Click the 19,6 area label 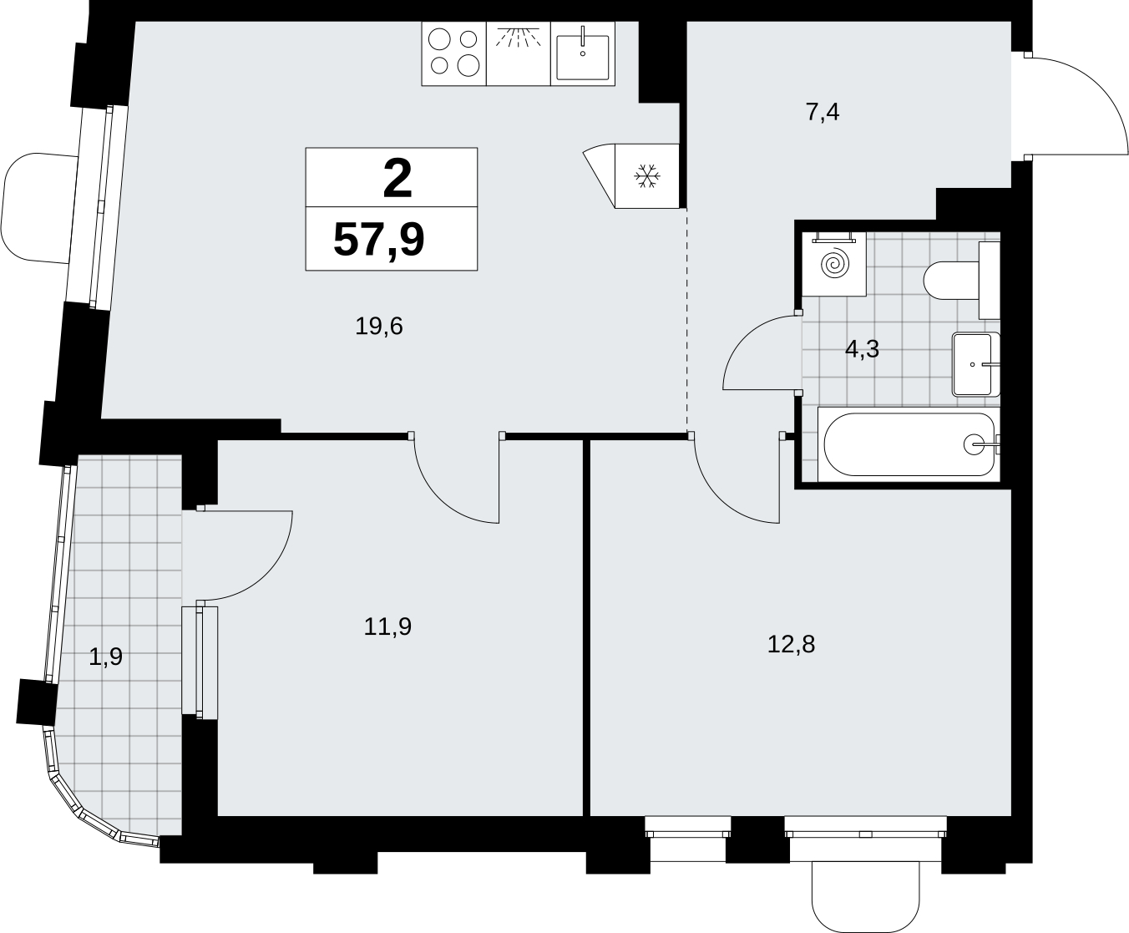tap(379, 327)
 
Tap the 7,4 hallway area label tap(823, 113)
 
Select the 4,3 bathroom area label tap(862, 349)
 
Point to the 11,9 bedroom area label tap(387, 626)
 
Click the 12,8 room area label tap(791, 644)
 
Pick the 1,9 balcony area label tap(105, 657)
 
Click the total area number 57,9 tap(379, 240)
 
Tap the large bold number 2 tap(397, 179)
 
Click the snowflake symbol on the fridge tap(647, 175)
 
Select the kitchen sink tap(583, 53)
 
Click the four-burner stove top tap(454, 53)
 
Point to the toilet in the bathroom tap(962, 280)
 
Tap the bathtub tap(909, 444)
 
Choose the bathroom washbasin tap(976, 364)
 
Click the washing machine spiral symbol tap(834, 264)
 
